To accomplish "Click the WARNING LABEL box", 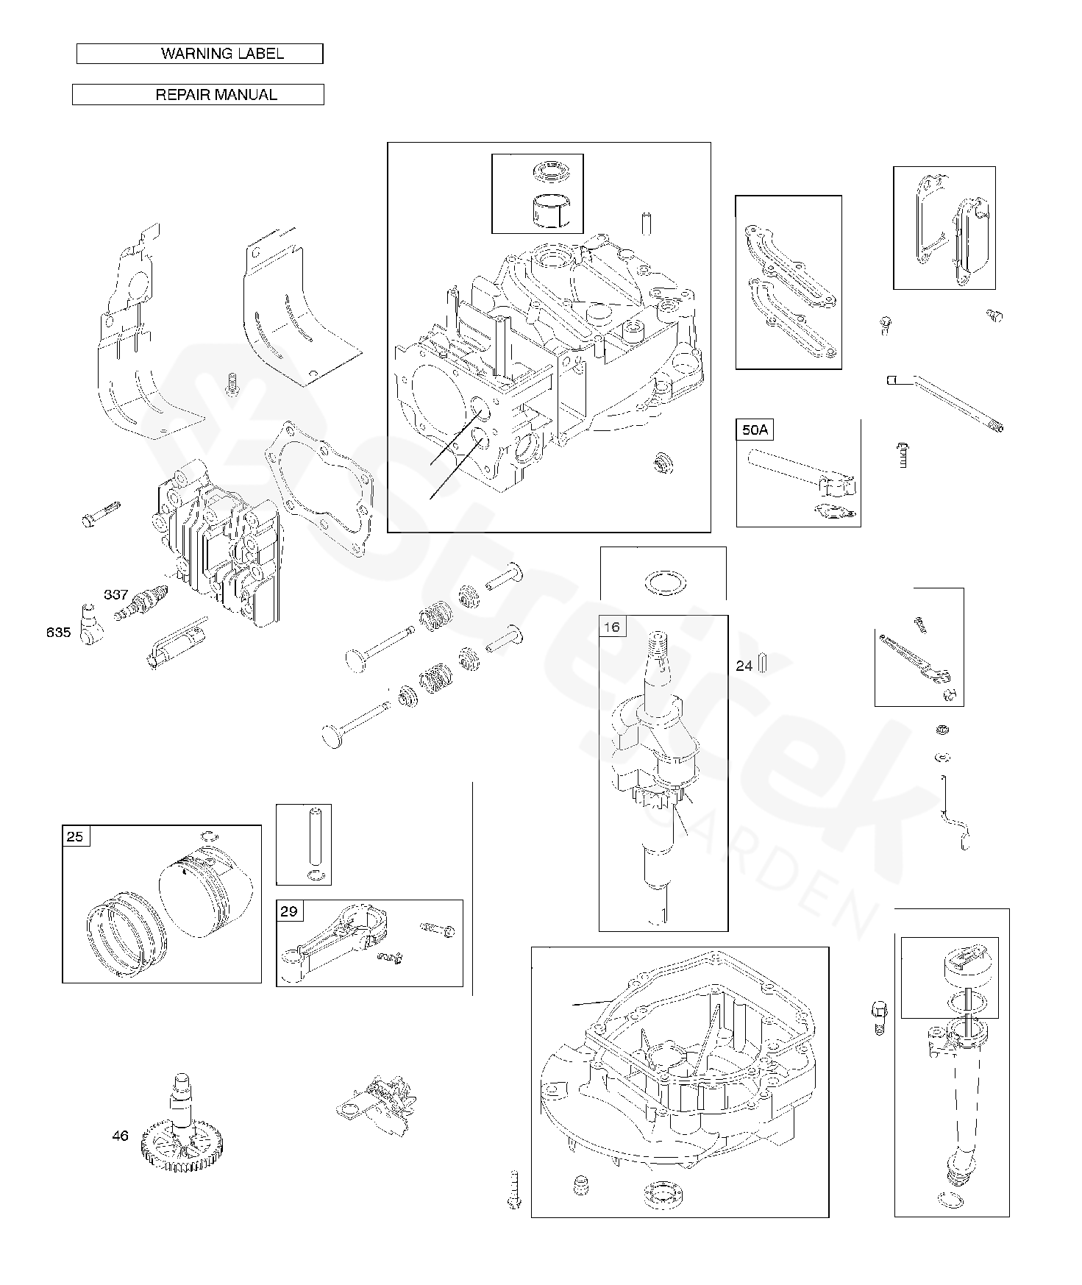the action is point(199,54).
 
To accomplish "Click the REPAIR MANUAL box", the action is point(198,95).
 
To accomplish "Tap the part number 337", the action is point(116,594).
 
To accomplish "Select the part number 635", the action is point(59,631).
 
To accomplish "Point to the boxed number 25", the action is point(76,836).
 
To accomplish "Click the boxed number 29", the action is point(289,911).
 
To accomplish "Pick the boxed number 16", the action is point(612,627).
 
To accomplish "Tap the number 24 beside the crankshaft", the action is point(744,666).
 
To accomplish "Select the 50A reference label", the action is point(755,430).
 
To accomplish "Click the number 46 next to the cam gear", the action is point(121,1136).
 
